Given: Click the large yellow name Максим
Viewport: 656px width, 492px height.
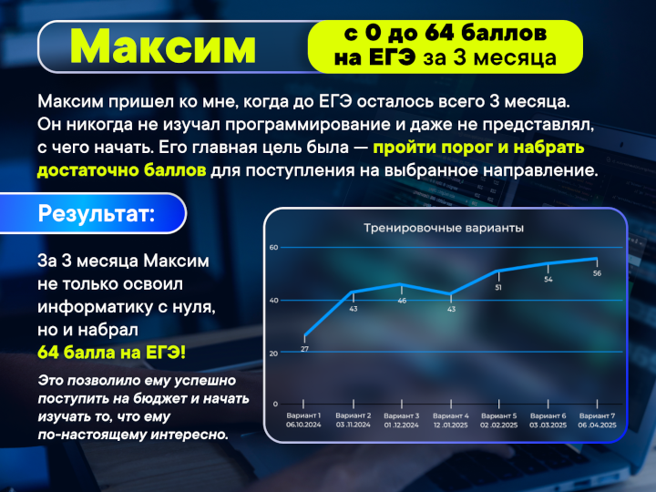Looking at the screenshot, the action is tap(163, 46).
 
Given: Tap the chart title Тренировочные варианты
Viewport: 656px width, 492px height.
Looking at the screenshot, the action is tap(444, 229).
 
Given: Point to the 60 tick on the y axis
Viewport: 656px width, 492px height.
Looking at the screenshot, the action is tap(273, 247).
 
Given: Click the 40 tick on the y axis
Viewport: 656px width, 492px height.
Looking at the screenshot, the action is tap(273, 301).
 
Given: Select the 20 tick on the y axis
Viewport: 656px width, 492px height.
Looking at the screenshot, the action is tap(273, 354).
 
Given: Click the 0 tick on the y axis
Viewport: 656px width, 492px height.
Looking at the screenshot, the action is tap(275, 404).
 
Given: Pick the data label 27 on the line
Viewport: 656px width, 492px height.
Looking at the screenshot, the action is tap(304, 349).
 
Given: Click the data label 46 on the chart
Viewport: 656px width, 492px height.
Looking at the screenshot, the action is tap(402, 301).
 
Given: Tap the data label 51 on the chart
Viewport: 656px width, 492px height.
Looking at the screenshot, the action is tap(498, 288).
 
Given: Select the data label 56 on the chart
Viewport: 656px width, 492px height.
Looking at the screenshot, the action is tap(597, 273).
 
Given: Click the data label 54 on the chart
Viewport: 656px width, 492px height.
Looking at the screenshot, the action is tap(548, 280).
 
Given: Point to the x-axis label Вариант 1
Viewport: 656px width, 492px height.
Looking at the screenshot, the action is tap(303, 415).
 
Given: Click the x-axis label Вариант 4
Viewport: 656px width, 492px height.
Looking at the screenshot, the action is tap(451, 415).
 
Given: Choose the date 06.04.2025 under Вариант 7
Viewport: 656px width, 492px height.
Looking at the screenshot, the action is tap(598, 425).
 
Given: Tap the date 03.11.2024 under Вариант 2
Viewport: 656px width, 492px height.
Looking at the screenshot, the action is tap(354, 425).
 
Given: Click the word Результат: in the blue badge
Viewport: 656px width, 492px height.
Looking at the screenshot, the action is tap(97, 213).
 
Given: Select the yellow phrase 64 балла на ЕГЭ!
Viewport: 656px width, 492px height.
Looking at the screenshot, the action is tap(112, 353).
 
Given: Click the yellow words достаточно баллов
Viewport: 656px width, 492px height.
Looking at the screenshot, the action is tap(122, 170).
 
